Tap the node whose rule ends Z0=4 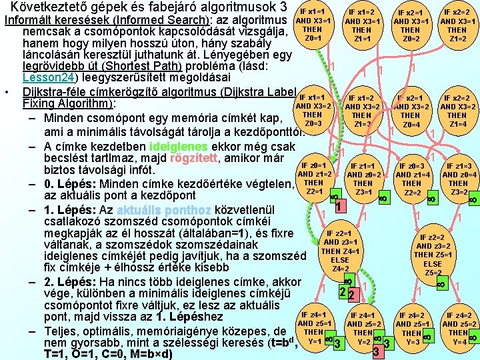tap(411, 111)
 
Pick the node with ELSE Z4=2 tap(340, 251)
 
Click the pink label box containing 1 tap(339, 207)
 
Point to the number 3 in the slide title tap(284, 8)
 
